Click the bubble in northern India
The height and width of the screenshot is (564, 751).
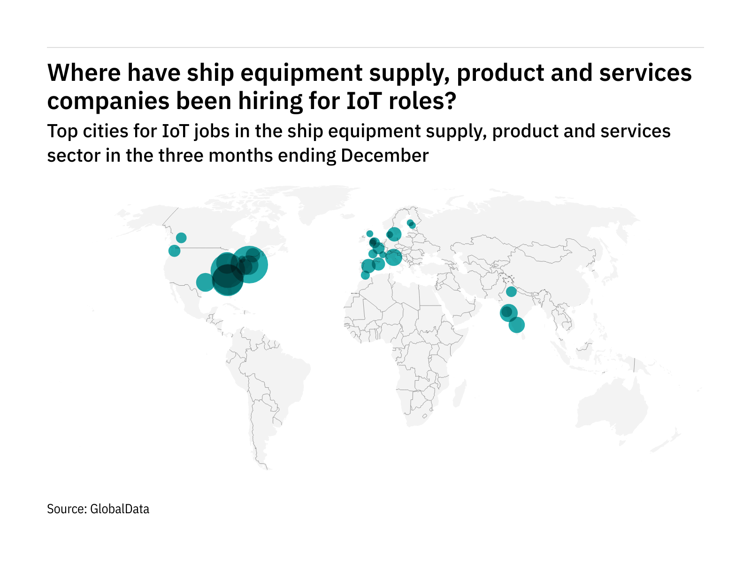511,292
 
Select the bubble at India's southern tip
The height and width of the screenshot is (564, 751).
516,325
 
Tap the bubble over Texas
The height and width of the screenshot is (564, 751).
205,282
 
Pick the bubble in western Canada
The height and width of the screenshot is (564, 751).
181,238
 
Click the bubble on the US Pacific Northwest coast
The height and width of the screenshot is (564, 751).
174,251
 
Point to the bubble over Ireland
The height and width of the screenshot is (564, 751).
370,234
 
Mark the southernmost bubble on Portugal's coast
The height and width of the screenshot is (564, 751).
365,275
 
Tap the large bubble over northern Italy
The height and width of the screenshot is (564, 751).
393,257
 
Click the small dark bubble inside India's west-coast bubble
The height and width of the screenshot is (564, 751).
506,312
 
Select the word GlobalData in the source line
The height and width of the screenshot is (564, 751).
120,509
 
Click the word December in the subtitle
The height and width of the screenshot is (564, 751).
385,156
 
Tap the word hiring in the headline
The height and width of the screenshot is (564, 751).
271,101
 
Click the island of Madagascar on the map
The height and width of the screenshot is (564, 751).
460,393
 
